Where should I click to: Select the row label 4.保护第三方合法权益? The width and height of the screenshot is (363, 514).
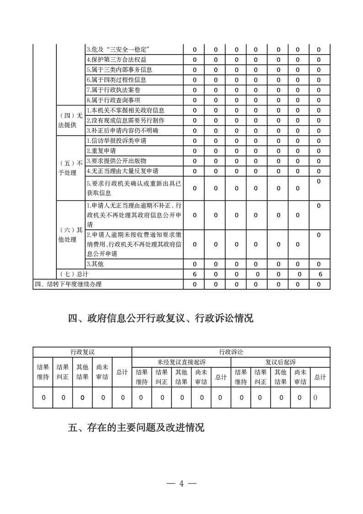(117, 60)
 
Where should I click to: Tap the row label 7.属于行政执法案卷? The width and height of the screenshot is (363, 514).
(114, 90)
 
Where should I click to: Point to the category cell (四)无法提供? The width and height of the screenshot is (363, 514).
(70, 120)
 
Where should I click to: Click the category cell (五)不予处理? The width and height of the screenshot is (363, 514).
(70, 168)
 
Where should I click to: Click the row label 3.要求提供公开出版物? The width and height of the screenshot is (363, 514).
(117, 161)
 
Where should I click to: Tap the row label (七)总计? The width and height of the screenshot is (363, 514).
(74, 274)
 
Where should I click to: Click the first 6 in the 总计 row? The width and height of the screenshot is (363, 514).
(195, 274)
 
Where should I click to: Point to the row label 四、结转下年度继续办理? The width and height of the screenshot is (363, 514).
(68, 284)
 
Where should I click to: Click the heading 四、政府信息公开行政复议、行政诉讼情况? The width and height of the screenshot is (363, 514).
(161, 319)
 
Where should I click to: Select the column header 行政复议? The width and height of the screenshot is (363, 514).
(82, 352)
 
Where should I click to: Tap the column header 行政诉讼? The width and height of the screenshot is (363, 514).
(231, 352)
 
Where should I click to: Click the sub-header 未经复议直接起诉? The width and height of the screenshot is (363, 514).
(181, 362)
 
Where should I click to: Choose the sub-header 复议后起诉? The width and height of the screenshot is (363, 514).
(280, 362)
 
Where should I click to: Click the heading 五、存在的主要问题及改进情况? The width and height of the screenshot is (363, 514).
(136, 428)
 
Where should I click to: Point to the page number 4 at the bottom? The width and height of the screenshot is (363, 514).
(181, 484)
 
